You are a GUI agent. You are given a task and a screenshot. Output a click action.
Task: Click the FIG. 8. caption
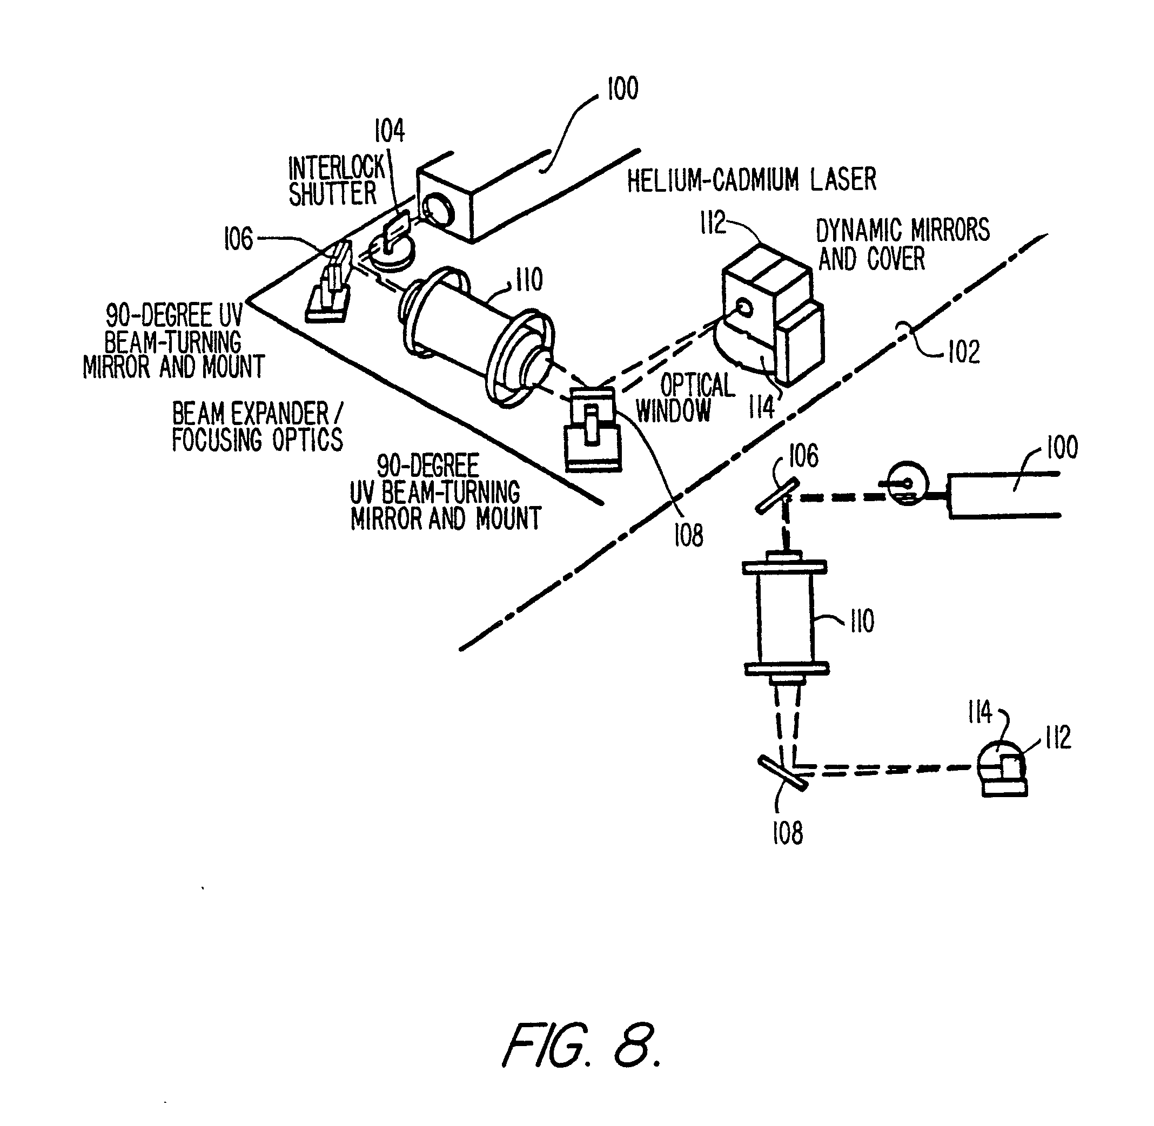coord(582,1044)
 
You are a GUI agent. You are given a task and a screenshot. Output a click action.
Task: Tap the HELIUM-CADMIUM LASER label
coord(751,180)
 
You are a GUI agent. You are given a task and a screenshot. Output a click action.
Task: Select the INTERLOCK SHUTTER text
coord(336,181)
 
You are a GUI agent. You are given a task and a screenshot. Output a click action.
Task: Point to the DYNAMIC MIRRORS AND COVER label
coord(902,244)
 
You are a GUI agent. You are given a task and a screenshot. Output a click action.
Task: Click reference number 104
coord(390,131)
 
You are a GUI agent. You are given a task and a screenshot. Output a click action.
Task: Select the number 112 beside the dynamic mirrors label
coord(713,223)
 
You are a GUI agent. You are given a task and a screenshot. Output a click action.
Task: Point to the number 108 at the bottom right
coord(787,833)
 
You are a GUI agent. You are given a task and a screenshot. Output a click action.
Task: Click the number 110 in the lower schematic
coord(862,622)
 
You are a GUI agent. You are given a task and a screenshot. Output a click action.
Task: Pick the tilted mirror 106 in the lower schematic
coord(777,496)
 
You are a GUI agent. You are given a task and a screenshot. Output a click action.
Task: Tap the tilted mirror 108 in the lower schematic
coord(782,773)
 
